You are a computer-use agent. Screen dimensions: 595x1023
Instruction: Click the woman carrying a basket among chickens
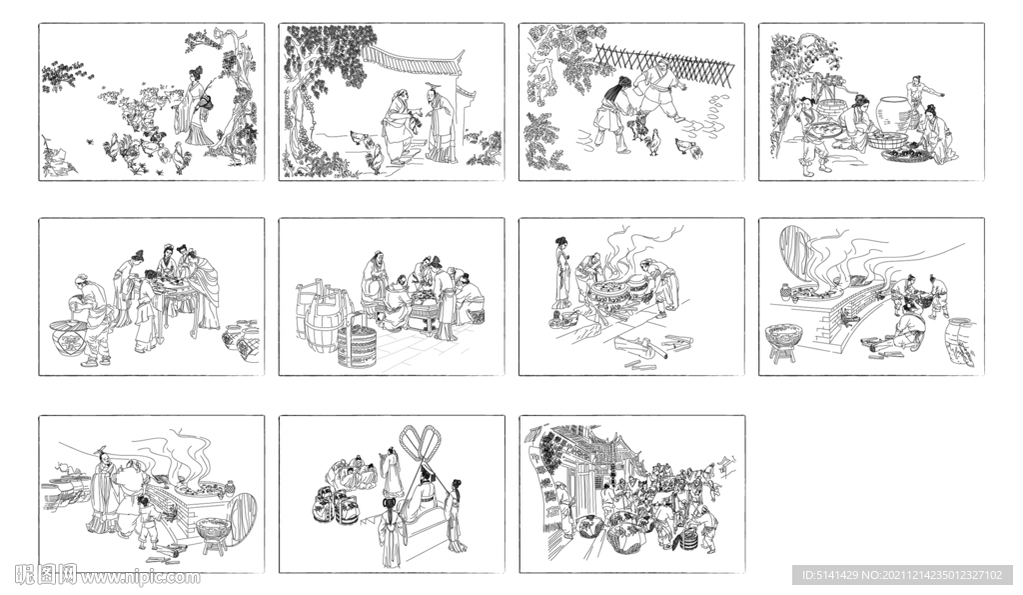(x=195, y=105)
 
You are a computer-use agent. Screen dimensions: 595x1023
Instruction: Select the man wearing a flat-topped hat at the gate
(x=440, y=124)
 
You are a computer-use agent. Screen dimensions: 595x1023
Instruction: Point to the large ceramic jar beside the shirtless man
(x=893, y=115)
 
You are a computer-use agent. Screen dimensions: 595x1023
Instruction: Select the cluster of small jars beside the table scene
(x=241, y=340)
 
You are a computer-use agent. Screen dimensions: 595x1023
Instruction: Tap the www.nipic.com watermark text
(x=140, y=578)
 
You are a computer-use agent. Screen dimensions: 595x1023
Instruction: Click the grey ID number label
(x=902, y=575)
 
